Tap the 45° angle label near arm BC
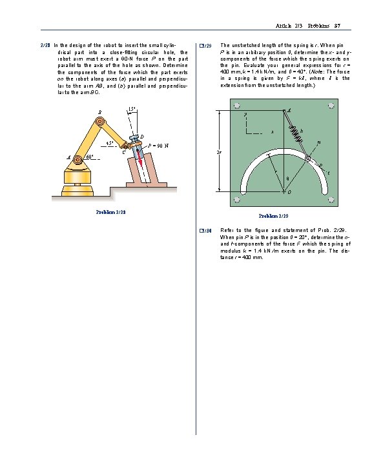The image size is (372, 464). coord(110,142)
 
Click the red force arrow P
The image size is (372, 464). coord(138,155)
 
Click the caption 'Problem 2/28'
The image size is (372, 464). coord(110,211)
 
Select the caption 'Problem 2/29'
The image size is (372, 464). coord(273,215)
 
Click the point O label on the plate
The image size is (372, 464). coord(289,192)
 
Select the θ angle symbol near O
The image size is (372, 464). coord(287,179)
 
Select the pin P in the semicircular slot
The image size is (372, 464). coord(309,157)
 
